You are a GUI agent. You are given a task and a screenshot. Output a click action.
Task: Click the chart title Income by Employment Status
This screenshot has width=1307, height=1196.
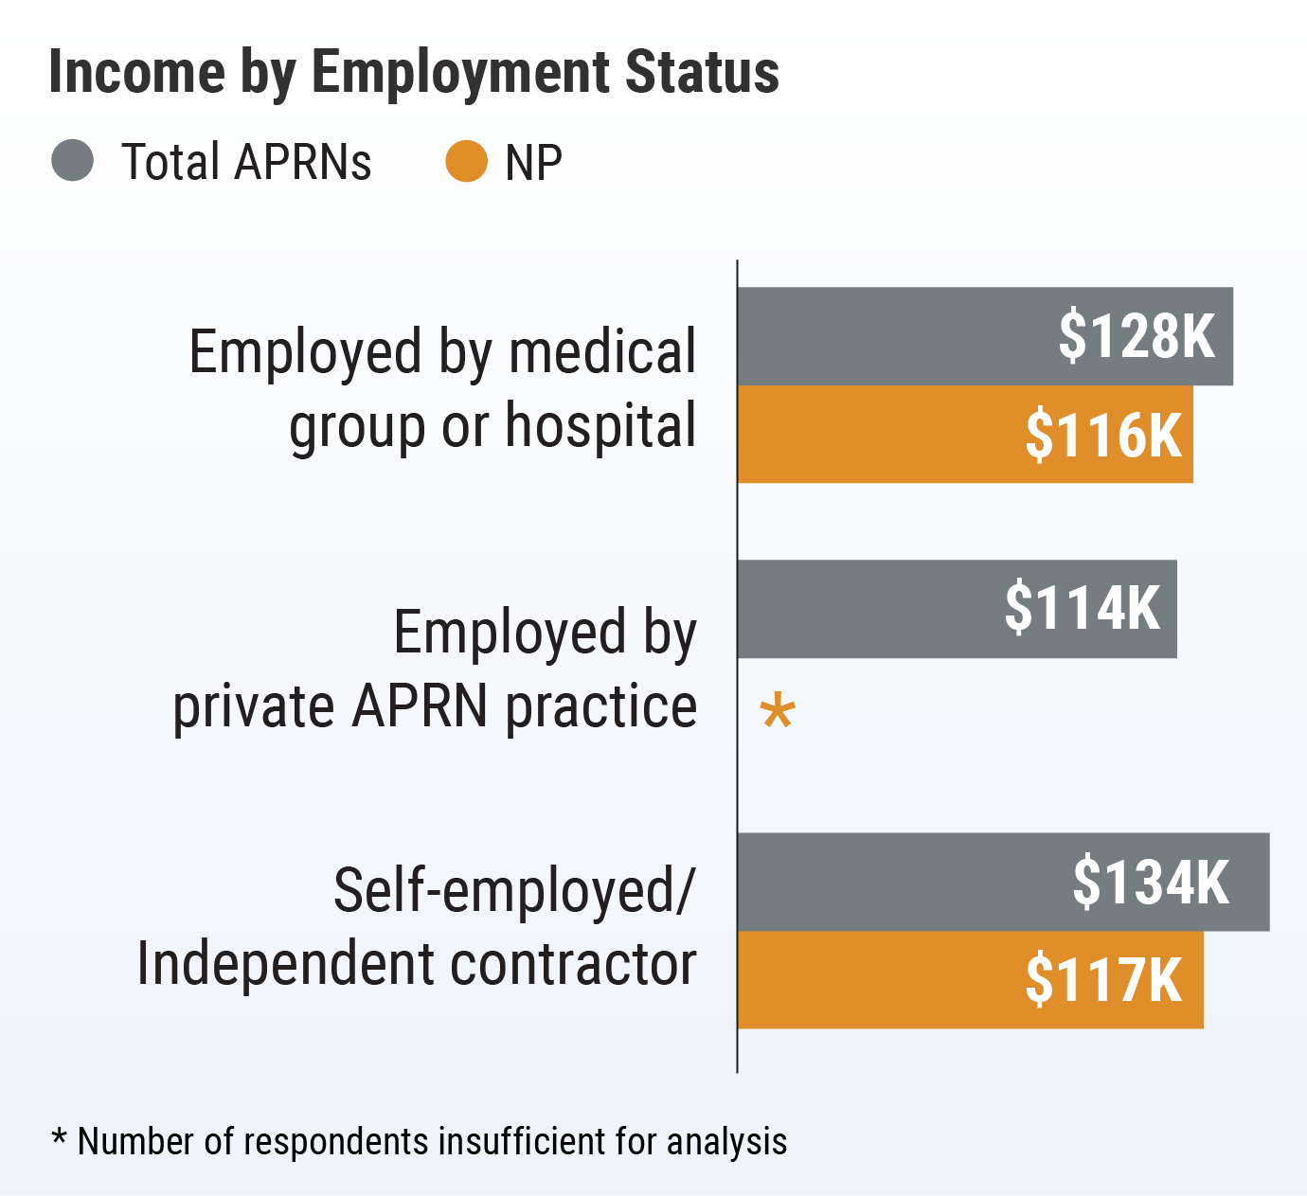[x=414, y=73]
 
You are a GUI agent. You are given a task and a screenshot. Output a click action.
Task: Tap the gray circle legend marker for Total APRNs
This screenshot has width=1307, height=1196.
[x=72, y=160]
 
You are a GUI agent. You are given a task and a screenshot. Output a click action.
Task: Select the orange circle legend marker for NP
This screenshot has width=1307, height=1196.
[x=466, y=161]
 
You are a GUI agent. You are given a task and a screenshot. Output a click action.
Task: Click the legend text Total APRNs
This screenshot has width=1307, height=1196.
[x=246, y=162]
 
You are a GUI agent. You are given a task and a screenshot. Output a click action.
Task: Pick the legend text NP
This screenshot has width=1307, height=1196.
[x=533, y=163]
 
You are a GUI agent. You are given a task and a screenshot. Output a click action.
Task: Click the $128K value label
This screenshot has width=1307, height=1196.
[x=1136, y=335]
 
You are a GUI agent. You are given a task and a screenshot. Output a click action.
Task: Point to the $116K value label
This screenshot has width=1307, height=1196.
[x=1103, y=435]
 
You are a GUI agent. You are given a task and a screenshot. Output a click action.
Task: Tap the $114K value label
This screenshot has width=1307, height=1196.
[x=1082, y=608]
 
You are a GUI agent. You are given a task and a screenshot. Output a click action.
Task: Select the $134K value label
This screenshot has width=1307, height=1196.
[x=1150, y=882]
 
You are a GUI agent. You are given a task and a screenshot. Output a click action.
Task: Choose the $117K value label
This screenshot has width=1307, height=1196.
[x=1103, y=980]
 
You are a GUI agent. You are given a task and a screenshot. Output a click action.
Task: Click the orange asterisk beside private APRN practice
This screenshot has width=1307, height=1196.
[x=778, y=711]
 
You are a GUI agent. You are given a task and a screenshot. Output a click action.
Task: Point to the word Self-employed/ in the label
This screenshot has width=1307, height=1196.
[x=514, y=891]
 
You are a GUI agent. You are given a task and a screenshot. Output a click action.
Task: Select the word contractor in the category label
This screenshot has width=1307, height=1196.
[x=573, y=964]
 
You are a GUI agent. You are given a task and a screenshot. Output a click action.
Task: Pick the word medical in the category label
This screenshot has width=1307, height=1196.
[x=602, y=351]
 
